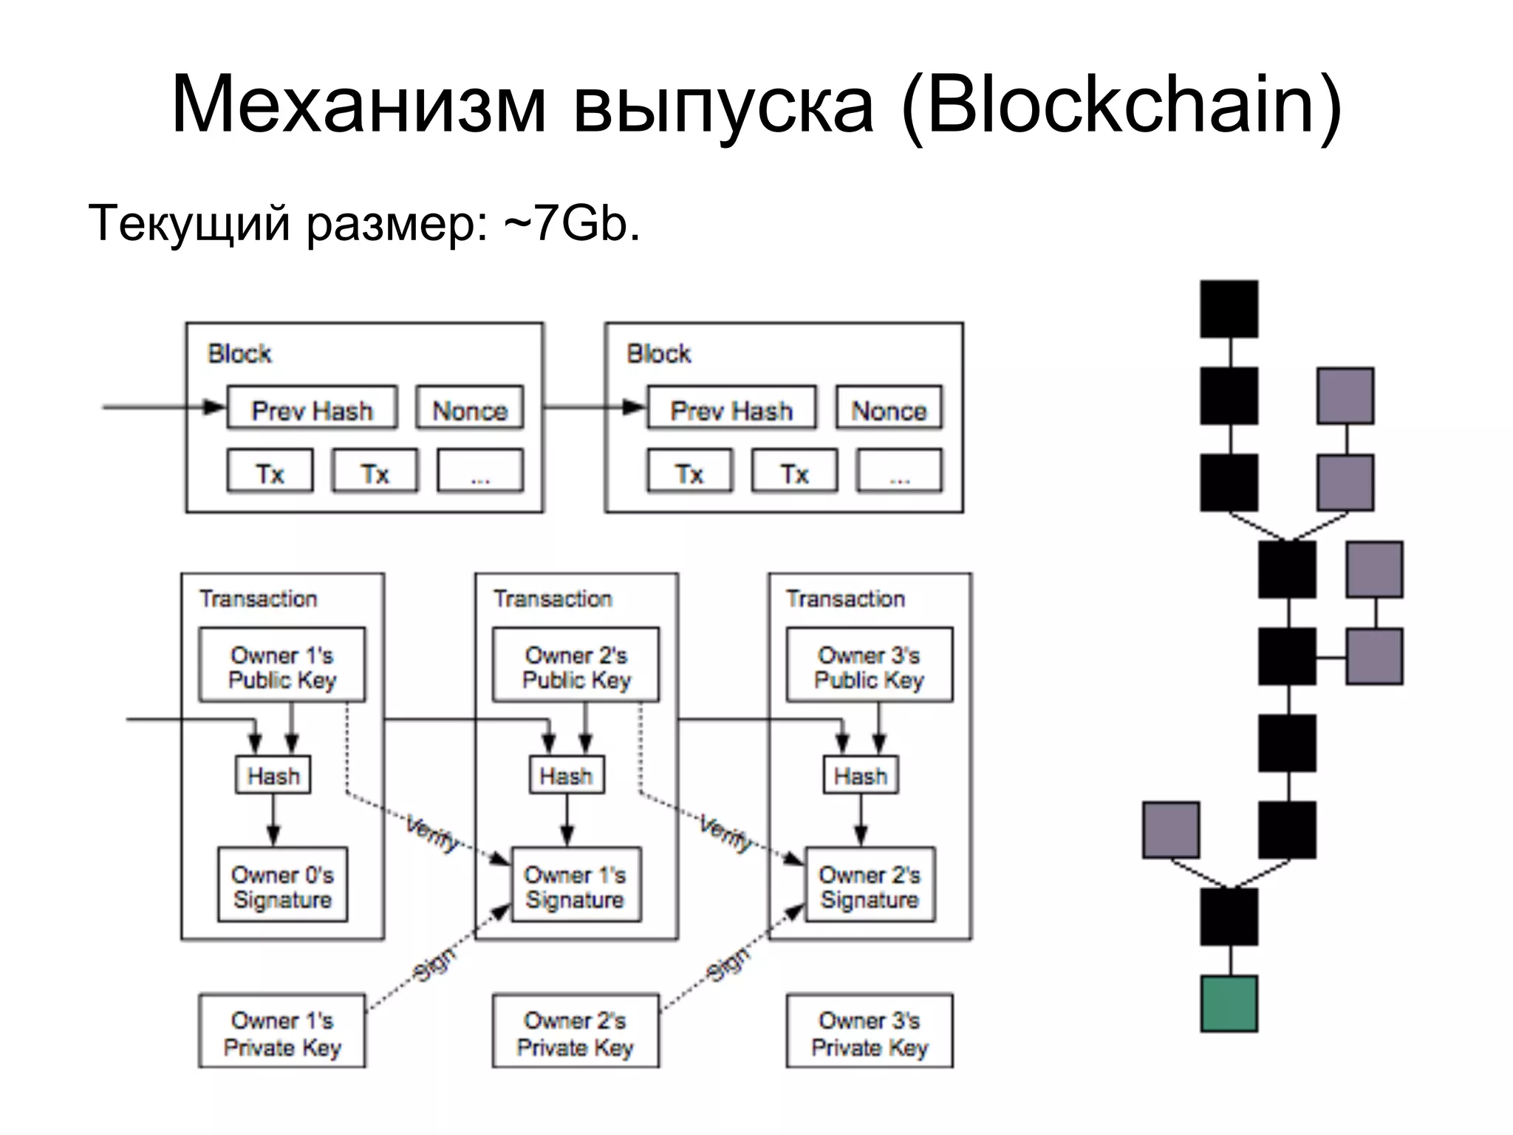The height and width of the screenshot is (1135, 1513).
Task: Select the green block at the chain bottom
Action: tap(1229, 1003)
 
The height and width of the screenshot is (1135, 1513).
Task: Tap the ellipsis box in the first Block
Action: tap(480, 471)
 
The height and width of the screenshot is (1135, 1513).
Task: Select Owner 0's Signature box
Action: tap(282, 885)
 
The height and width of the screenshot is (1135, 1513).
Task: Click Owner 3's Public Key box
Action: tap(869, 664)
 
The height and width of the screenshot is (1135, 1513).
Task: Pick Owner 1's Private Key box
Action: tap(282, 1031)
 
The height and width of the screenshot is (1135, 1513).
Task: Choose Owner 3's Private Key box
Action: tap(869, 1031)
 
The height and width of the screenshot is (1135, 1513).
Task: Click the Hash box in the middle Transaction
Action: tap(567, 775)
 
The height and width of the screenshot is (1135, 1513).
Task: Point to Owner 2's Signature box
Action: tap(870, 885)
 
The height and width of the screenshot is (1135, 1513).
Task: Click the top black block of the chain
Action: tap(1229, 309)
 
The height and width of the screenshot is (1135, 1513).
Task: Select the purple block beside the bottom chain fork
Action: tap(1170, 830)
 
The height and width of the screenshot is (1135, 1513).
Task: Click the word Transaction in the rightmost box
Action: tap(845, 599)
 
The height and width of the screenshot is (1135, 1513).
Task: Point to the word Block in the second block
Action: tap(658, 354)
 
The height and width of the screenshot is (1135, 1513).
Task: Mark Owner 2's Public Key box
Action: tap(576, 664)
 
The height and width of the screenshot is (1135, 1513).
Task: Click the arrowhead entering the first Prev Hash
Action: tap(215, 407)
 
